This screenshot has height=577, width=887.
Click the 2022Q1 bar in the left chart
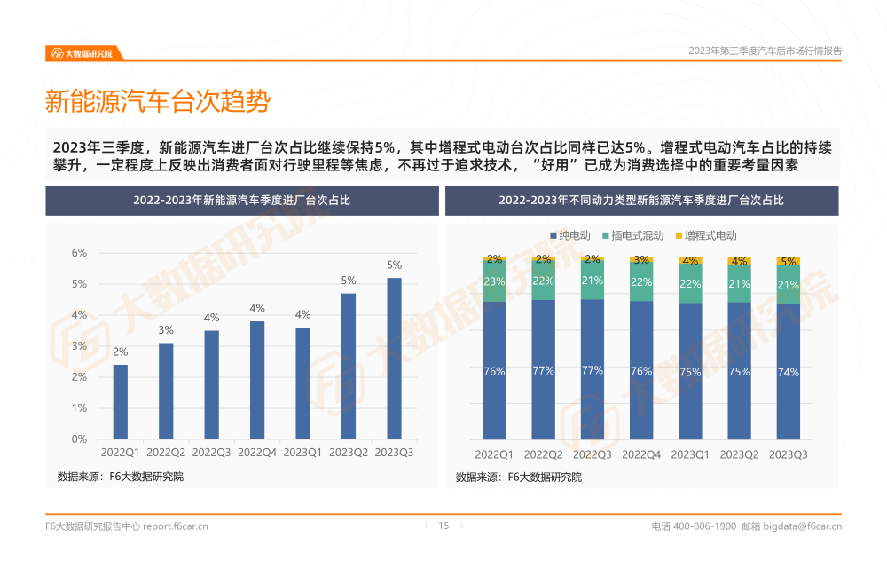pyautogui.click(x=120, y=402)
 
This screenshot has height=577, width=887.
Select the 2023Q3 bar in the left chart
pyautogui.click(x=394, y=359)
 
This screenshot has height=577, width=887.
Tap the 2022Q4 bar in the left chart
pyautogui.click(x=257, y=380)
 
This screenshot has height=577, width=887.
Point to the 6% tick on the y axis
pyautogui.click(x=79, y=253)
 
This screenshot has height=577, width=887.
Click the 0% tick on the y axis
pyautogui.click(x=79, y=439)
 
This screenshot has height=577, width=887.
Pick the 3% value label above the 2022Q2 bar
pyautogui.click(x=166, y=330)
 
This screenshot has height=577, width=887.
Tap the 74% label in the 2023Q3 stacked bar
pyautogui.click(x=788, y=373)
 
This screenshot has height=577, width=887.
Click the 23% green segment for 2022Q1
pyautogui.click(x=494, y=281)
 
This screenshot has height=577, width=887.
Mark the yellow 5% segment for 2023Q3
pyautogui.click(x=788, y=262)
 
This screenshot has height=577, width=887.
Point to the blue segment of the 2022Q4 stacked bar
pyautogui.click(x=640, y=371)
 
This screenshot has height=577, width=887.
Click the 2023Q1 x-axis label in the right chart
pyautogui.click(x=689, y=454)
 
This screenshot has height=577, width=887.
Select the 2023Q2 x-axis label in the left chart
pyautogui.click(x=349, y=453)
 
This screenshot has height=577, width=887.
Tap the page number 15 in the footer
pyautogui.click(x=443, y=526)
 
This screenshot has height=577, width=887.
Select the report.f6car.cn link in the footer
pyautogui.click(x=176, y=526)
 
